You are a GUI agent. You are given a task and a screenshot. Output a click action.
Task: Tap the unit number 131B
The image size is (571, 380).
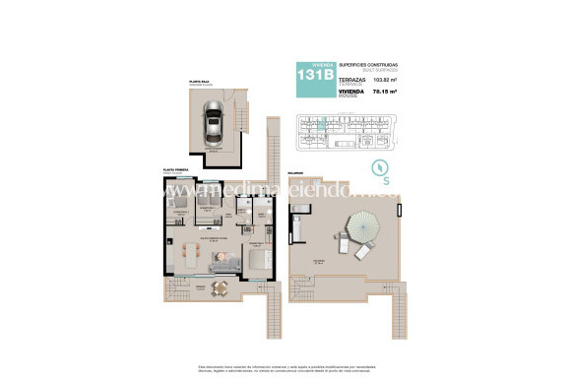(309, 74)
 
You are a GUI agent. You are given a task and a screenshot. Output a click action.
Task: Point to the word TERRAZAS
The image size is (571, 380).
(351, 82)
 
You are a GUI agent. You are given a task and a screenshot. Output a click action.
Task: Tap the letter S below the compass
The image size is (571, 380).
(387, 179)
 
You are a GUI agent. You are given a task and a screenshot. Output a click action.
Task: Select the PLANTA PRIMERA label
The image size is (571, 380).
(176, 170)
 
